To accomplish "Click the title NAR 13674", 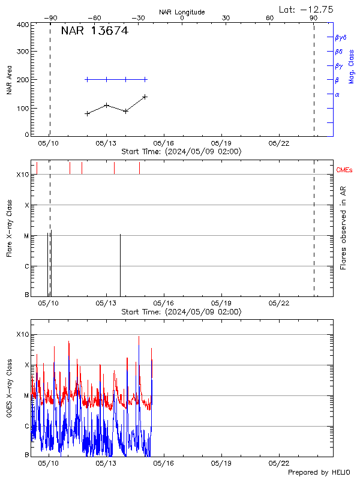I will click(x=94, y=31).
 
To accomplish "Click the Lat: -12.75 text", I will click(x=307, y=9).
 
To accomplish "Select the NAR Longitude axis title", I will click(x=182, y=12).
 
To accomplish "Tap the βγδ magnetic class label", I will click(x=341, y=37).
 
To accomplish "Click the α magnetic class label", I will click(x=337, y=94).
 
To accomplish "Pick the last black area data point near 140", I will click(x=145, y=97).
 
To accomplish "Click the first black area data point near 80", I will click(x=88, y=113).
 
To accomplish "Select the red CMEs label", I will click(x=345, y=170).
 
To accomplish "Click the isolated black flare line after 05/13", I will click(x=121, y=264).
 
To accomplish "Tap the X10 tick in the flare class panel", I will click(x=23, y=175).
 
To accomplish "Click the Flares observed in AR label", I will click(x=343, y=227).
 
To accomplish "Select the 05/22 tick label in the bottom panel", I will click(x=279, y=463).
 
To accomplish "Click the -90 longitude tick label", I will click(x=52, y=18).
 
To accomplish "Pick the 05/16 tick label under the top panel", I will click(x=164, y=143).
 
